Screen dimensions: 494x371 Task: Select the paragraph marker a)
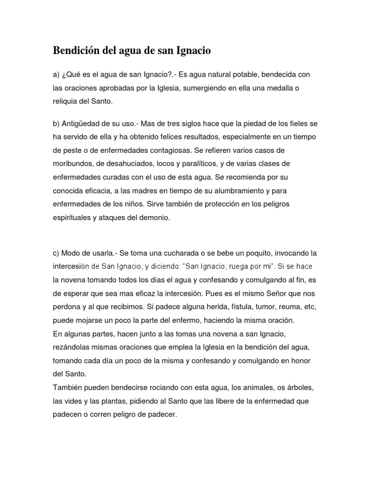pyautogui.click(x=56, y=75)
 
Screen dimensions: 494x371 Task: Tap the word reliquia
pyautogui.click(x=67, y=102)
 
